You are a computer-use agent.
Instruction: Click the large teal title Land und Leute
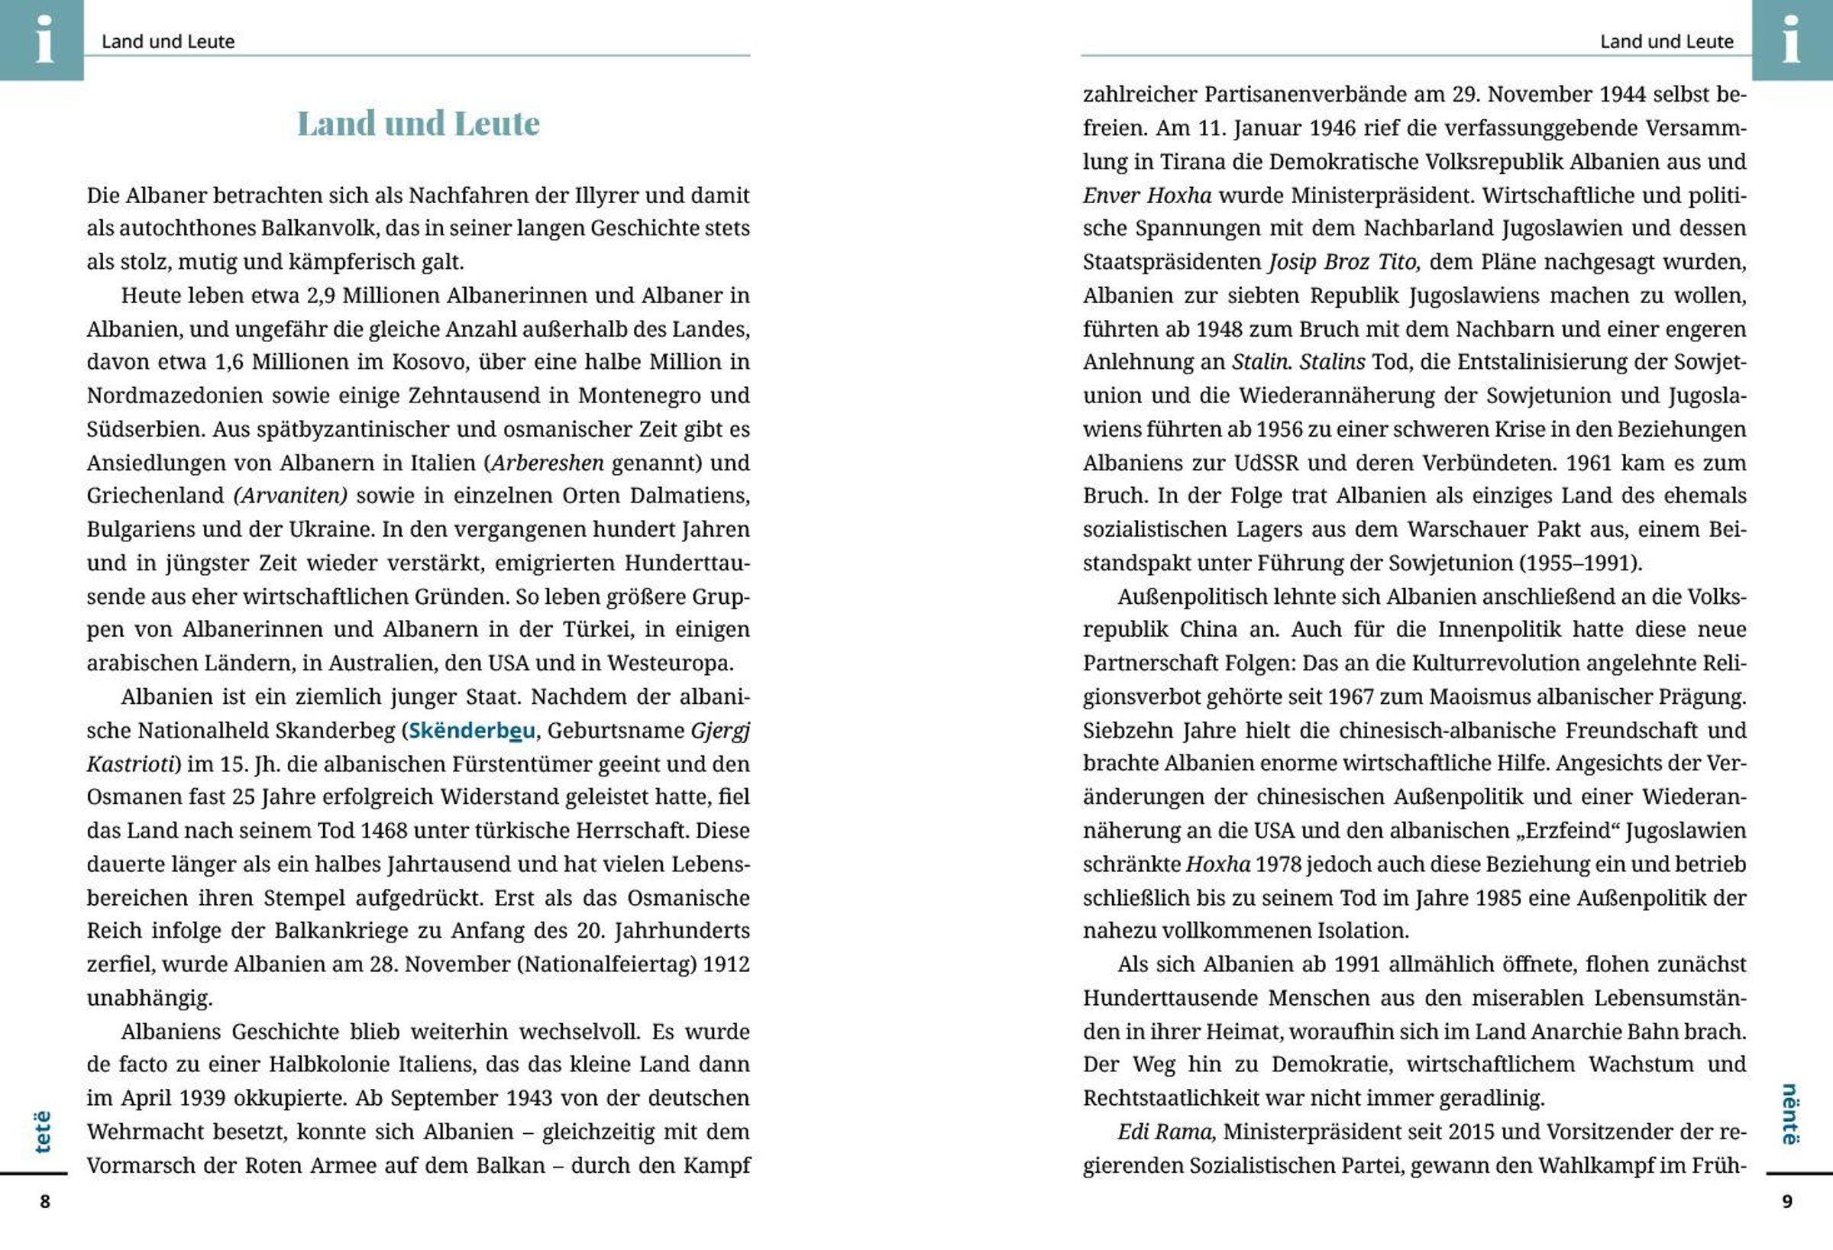[x=418, y=123]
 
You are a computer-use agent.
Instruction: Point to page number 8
[x=45, y=1201]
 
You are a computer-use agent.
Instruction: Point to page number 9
[x=1787, y=1201]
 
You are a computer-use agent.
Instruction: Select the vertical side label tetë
[x=43, y=1132]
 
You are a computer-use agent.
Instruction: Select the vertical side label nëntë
[x=1790, y=1113]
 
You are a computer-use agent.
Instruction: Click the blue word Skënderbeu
[x=472, y=730]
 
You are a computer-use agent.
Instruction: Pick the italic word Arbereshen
[x=548, y=463]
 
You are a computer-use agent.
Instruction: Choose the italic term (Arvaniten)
[x=290, y=496]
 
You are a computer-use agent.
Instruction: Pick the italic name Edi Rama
[x=1165, y=1132]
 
